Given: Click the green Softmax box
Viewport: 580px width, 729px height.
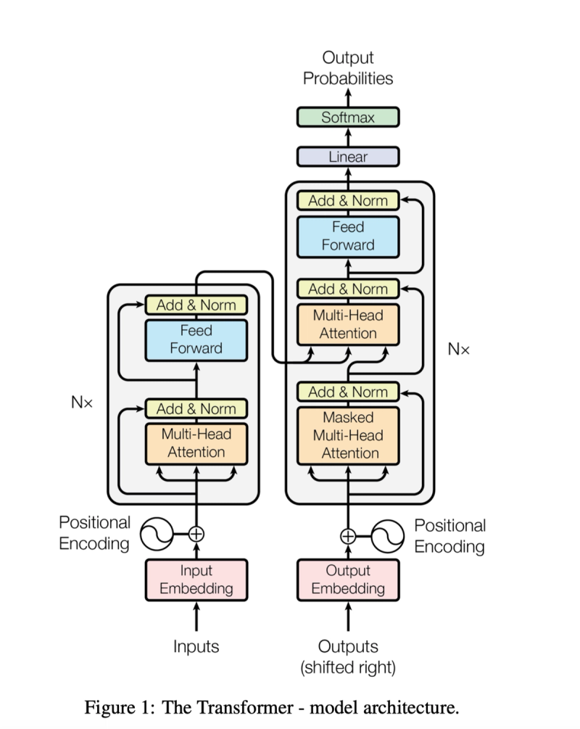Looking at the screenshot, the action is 348,118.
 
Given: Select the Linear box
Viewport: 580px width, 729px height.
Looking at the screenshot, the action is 348,157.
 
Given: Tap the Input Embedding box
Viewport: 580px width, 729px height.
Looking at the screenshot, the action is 196,580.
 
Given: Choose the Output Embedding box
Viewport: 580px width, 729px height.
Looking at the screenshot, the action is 348,580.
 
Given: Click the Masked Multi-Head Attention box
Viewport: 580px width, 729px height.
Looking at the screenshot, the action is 348,436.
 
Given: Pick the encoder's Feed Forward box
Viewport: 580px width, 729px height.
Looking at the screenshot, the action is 196,340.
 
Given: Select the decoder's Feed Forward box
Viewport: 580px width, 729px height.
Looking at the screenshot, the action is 348,236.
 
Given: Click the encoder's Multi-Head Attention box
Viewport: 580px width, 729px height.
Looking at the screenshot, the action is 196,443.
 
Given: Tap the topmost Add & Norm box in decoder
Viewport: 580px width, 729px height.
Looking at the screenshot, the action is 348,200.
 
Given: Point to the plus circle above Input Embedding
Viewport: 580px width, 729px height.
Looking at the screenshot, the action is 196,534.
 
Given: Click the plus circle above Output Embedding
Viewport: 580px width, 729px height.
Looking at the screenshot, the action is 348,537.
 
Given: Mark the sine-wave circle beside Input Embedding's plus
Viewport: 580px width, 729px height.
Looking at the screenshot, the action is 157,534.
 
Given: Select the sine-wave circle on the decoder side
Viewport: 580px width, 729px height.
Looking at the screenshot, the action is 388,536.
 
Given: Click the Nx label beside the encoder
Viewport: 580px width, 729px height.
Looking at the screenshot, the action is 82,402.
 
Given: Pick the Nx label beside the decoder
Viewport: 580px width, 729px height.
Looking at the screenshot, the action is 459,349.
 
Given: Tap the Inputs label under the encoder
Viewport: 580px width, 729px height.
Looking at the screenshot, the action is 196,646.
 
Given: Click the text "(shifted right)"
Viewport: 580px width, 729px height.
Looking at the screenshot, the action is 348,667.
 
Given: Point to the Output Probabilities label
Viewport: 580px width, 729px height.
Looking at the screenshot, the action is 348,68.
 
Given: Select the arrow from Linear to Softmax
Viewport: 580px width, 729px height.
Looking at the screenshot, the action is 348,137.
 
